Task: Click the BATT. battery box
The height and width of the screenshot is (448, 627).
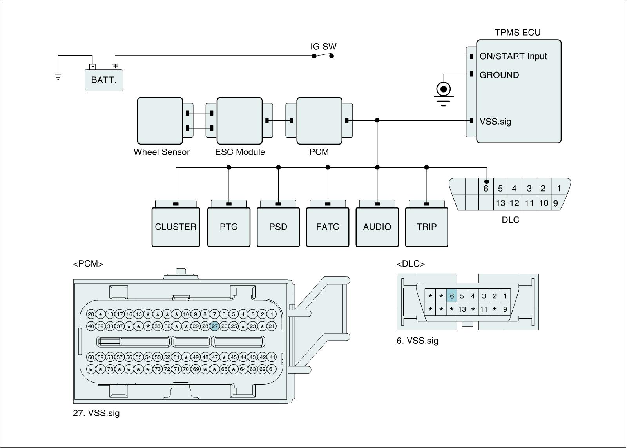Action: (104, 80)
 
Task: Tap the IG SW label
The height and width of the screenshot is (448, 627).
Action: (323, 47)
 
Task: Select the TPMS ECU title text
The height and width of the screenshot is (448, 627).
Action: (517, 33)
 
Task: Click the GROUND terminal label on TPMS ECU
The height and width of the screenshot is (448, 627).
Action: (499, 75)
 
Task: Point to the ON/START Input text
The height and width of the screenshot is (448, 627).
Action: (513, 56)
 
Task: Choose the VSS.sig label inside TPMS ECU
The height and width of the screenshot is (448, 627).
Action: (495, 121)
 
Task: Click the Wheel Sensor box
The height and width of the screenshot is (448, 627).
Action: (160, 121)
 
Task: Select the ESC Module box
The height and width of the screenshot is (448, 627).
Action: (239, 121)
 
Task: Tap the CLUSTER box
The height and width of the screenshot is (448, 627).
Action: (176, 227)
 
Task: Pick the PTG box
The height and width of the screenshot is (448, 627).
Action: (229, 227)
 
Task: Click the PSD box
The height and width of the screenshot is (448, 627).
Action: (278, 227)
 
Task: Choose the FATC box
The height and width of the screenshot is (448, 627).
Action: (328, 227)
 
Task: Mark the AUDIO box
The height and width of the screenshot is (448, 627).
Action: (377, 227)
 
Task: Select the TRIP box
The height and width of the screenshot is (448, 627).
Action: (426, 227)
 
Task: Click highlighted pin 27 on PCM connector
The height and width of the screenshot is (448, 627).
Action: (214, 326)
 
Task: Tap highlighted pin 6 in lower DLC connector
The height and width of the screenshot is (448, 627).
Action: (451, 296)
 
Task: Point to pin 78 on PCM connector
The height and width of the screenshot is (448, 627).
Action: (110, 369)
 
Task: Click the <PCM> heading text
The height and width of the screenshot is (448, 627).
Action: (88, 264)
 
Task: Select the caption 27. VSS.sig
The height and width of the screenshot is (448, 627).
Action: (96, 413)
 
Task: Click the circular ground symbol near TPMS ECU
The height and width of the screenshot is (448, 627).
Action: (444, 89)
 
